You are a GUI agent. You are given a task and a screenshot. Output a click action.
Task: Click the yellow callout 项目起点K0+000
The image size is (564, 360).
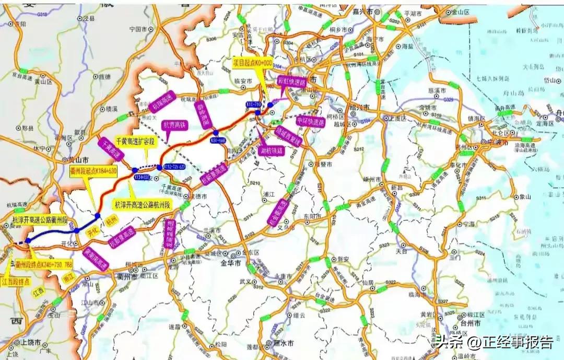[x=253, y=63]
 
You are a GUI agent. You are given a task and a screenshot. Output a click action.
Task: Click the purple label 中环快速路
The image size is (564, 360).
[x=311, y=120]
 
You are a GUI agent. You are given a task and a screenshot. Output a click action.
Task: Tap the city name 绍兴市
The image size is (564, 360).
[x=360, y=107]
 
